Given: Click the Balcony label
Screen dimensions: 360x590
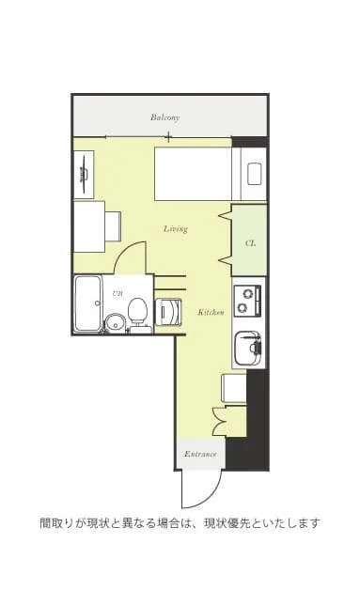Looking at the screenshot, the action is [164, 117].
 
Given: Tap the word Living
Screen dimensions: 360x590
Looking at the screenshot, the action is [176, 229].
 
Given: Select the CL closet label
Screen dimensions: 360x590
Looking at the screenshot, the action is [250, 243].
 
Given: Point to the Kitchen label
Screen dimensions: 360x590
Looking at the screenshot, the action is [211, 312].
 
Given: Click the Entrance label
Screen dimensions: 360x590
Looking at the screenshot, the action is [200, 454].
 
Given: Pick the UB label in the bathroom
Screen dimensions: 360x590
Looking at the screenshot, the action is [117, 293].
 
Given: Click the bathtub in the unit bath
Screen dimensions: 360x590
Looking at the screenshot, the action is [87, 304].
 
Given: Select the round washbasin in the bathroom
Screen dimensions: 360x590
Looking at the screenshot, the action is [114, 323].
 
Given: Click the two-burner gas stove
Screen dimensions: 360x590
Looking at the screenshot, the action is [247, 301].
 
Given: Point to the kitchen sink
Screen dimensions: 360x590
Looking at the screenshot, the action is [247, 348].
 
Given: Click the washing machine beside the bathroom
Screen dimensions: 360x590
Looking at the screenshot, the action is [168, 312].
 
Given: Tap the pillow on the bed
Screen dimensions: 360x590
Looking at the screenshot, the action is [255, 174].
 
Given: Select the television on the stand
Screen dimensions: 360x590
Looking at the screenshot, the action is [84, 174].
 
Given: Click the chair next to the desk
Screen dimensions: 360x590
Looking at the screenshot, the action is [113, 226].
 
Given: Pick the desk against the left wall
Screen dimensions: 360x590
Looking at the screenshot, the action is [89, 227].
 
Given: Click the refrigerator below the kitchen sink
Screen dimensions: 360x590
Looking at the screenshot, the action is [234, 388].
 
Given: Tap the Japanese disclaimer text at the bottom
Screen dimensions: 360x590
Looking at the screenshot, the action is [180, 523].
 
